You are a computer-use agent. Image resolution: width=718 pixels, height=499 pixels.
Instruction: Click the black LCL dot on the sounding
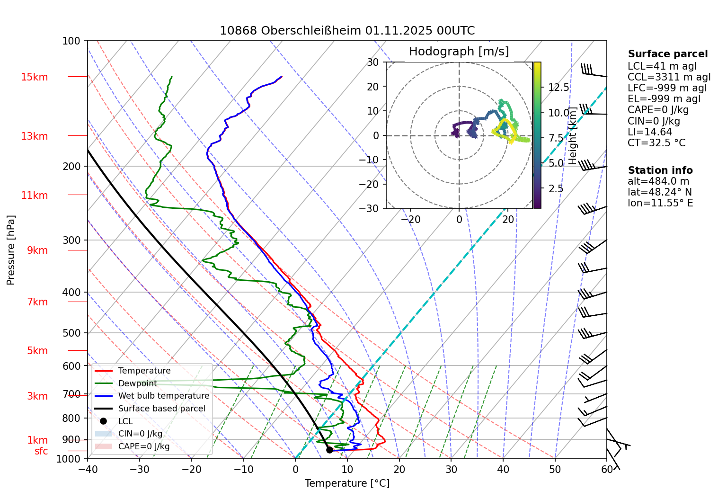coord(329,450)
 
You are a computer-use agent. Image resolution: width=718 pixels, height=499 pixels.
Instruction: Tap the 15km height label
coord(34,77)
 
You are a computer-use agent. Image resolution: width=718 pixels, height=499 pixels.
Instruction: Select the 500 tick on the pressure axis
coord(71,333)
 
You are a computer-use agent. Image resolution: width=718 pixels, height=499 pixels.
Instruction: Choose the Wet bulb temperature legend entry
coord(163,396)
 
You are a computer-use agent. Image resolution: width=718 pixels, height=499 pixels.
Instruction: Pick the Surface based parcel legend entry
coord(161,409)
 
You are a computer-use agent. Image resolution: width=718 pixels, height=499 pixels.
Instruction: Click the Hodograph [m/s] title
coord(459,52)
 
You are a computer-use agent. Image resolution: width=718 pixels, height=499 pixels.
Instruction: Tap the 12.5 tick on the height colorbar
coord(558,88)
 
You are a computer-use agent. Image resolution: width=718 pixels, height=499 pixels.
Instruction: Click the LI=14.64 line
coord(649,132)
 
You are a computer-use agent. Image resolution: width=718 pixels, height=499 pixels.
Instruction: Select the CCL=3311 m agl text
coord(669,77)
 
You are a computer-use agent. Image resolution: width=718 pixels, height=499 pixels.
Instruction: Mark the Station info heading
coord(660,170)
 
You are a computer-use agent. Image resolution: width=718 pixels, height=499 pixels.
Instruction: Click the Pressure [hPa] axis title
coord(11,250)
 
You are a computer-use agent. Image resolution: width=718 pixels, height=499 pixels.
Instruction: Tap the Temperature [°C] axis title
coord(347,483)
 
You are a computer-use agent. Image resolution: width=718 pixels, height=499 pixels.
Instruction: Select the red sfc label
coord(41,451)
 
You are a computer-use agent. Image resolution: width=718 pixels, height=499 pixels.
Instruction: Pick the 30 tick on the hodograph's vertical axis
coord(373,62)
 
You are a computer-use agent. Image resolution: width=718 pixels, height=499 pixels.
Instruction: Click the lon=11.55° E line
coord(660,203)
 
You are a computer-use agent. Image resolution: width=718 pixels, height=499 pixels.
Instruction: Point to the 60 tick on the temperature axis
coord(607,469)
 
